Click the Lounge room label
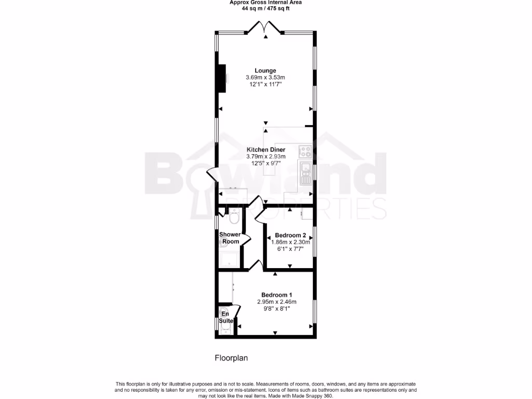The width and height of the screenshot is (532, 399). (265, 71)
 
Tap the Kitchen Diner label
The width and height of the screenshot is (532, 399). (265, 150)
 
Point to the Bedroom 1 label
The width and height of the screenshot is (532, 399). (276, 295)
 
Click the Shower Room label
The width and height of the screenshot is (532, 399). (230, 238)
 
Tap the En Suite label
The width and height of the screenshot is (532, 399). (225, 317)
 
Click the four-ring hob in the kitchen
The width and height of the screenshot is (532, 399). (305, 152)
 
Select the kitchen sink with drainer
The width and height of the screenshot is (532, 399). (305, 174)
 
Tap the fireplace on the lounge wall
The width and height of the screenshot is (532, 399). (222, 78)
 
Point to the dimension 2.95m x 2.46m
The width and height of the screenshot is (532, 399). (276, 302)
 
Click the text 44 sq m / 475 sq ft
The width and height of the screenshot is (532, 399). (265, 8)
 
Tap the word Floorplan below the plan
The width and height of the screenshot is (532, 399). (232, 358)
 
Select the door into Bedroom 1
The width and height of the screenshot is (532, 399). (255, 266)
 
